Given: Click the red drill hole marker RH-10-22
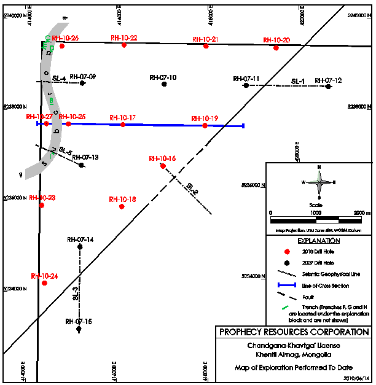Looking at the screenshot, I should (123, 45).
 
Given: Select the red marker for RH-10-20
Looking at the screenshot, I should (276, 47).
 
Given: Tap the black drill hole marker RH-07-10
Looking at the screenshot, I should (164, 84).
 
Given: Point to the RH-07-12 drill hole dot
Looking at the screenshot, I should (328, 87).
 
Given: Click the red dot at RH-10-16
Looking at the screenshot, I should (163, 166).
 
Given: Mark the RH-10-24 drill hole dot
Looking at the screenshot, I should (44, 283).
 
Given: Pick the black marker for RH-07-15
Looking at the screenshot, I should (79, 329).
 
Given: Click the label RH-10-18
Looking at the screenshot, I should (122, 199).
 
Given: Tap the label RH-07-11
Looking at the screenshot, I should (246, 79).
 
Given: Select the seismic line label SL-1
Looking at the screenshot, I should (298, 81).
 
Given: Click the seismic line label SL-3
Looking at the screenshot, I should (75, 294).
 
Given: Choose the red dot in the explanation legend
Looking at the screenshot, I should (287, 252).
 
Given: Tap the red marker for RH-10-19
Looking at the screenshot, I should (205, 125).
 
